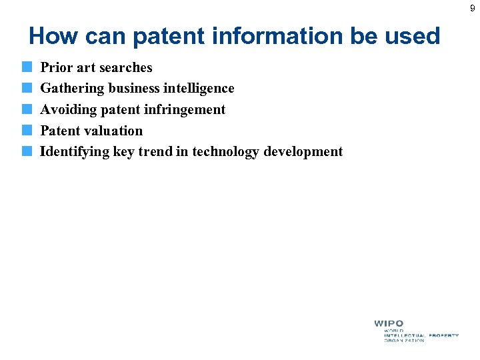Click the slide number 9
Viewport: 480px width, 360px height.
[472, 9]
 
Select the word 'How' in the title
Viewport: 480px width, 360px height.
[53, 36]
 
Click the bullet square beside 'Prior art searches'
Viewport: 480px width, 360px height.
[26, 67]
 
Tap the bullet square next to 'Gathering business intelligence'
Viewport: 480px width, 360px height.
[26, 88]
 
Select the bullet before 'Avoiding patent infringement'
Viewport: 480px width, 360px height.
[26, 109]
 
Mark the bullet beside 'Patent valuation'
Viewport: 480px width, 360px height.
[26, 131]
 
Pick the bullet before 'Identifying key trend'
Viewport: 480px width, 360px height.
[26, 151]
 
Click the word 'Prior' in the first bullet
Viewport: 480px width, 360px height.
[56, 67]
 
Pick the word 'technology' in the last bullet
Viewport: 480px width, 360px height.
[226, 152]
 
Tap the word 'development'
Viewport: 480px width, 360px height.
[303, 152]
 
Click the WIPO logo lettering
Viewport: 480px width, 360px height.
[388, 323]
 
